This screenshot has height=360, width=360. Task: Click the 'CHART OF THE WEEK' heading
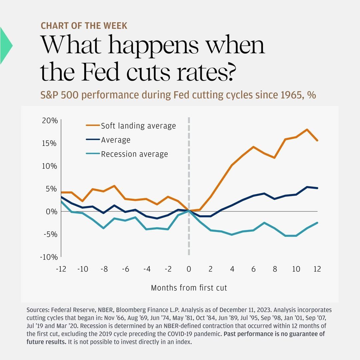pyautogui.click(x=84, y=26)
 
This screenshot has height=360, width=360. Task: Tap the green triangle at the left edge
pyautogui.click(x=5, y=46)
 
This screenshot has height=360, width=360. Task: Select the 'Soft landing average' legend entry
pyautogui.click(x=138, y=126)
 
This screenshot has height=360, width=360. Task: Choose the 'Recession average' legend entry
pyautogui.click(x=134, y=154)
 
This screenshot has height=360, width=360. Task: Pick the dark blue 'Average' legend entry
pyautogui.click(x=115, y=140)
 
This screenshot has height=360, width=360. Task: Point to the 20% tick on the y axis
pyautogui.click(x=50, y=120)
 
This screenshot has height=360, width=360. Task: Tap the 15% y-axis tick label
pyautogui.click(x=50, y=143)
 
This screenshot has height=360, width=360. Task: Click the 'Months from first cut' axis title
pyautogui.click(x=189, y=288)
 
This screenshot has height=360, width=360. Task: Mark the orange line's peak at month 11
pyautogui.click(x=307, y=129)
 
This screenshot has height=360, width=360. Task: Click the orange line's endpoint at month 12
pyautogui.click(x=317, y=140)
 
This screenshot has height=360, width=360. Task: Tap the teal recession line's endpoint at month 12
pyautogui.click(x=317, y=223)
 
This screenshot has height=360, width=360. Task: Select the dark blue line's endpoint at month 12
pyautogui.click(x=317, y=188)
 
